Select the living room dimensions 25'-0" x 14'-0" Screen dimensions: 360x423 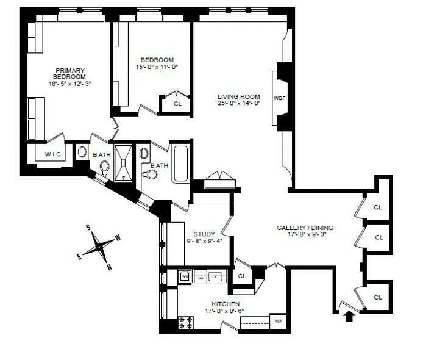tap(240, 104)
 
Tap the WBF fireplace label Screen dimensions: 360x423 tap(279, 98)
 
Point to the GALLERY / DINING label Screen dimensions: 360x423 tap(305, 228)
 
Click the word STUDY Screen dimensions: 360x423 tap(204, 234)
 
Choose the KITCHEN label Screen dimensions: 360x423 tap(226, 304)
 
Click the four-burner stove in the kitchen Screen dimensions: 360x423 tap(186, 322)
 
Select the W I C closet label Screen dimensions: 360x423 tap(52, 154)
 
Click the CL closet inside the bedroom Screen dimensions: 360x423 tap(177, 104)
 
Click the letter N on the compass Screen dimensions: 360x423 tap(109, 267)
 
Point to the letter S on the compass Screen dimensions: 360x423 tap(88, 228)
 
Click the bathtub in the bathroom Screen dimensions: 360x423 tap(180, 164)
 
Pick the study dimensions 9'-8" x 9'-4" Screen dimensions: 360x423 tap(204, 240)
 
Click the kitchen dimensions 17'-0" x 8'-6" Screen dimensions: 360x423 tap(226, 311)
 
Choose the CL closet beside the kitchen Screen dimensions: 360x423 tap(242, 276)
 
